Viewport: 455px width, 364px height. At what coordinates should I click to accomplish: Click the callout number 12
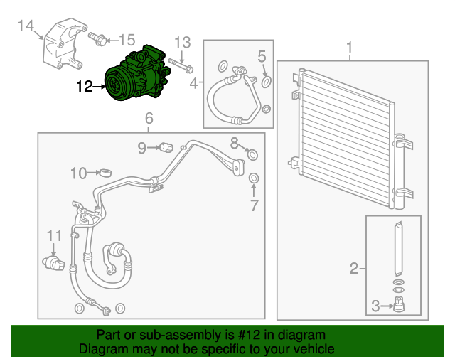click(x=85, y=87)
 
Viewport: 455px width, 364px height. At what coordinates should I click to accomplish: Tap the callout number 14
click(x=26, y=27)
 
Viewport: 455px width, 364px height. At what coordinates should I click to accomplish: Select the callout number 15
click(x=126, y=39)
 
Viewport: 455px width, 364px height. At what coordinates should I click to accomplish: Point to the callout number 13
click(x=183, y=42)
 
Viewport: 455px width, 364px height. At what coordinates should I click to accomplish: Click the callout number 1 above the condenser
click(x=350, y=48)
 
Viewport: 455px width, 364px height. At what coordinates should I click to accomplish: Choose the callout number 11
click(x=55, y=235)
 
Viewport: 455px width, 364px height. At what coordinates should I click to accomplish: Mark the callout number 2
click(x=353, y=268)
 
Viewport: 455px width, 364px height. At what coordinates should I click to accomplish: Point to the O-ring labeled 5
click(x=267, y=82)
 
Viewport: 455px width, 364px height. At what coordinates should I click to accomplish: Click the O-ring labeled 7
click(x=254, y=177)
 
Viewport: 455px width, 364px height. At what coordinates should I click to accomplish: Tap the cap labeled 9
click(x=166, y=148)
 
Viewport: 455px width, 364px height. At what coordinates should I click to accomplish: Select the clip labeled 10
click(x=105, y=173)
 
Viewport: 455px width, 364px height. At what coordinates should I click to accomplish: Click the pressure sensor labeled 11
click(x=53, y=262)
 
